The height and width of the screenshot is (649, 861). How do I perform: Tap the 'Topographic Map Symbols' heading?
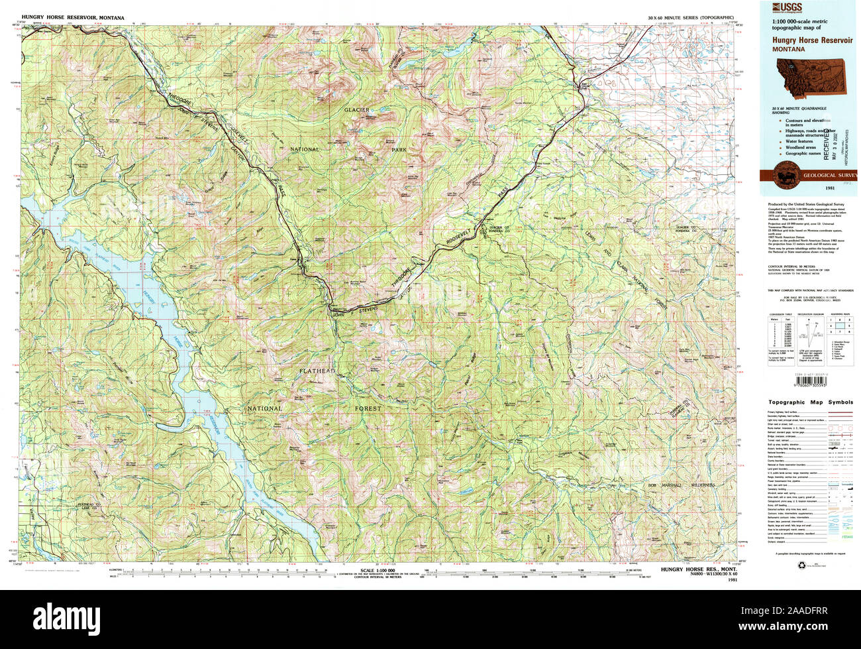[811, 402]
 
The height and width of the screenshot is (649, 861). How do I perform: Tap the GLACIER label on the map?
[356, 109]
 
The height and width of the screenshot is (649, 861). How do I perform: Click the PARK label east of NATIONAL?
[399, 150]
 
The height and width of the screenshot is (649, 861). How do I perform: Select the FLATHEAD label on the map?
[317, 371]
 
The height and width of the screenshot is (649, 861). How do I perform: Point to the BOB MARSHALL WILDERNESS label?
[682, 485]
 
